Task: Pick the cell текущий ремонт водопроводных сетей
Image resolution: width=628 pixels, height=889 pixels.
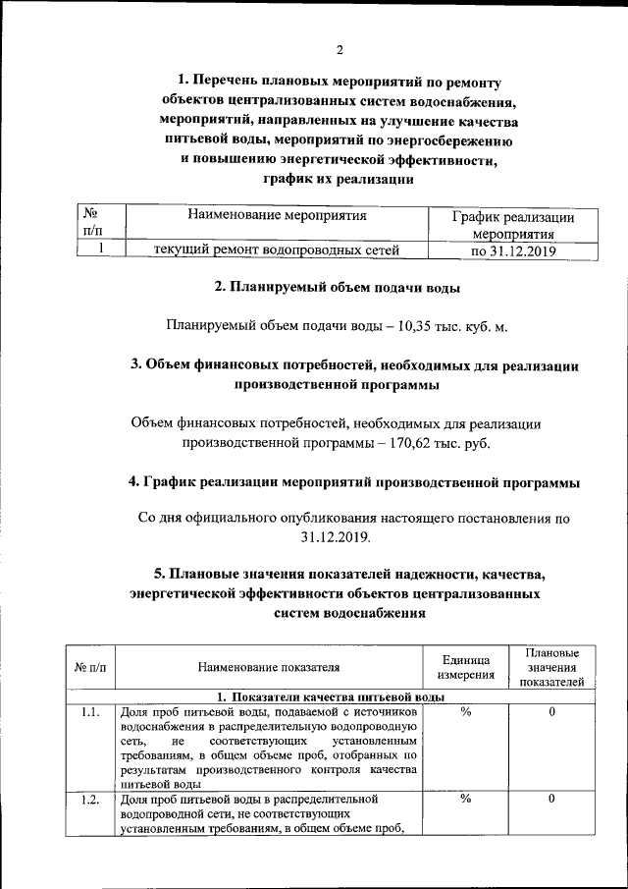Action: [x=277, y=250]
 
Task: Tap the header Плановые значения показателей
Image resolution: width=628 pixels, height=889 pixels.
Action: [x=551, y=666]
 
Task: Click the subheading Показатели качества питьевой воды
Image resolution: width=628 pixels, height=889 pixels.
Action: [x=331, y=696]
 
